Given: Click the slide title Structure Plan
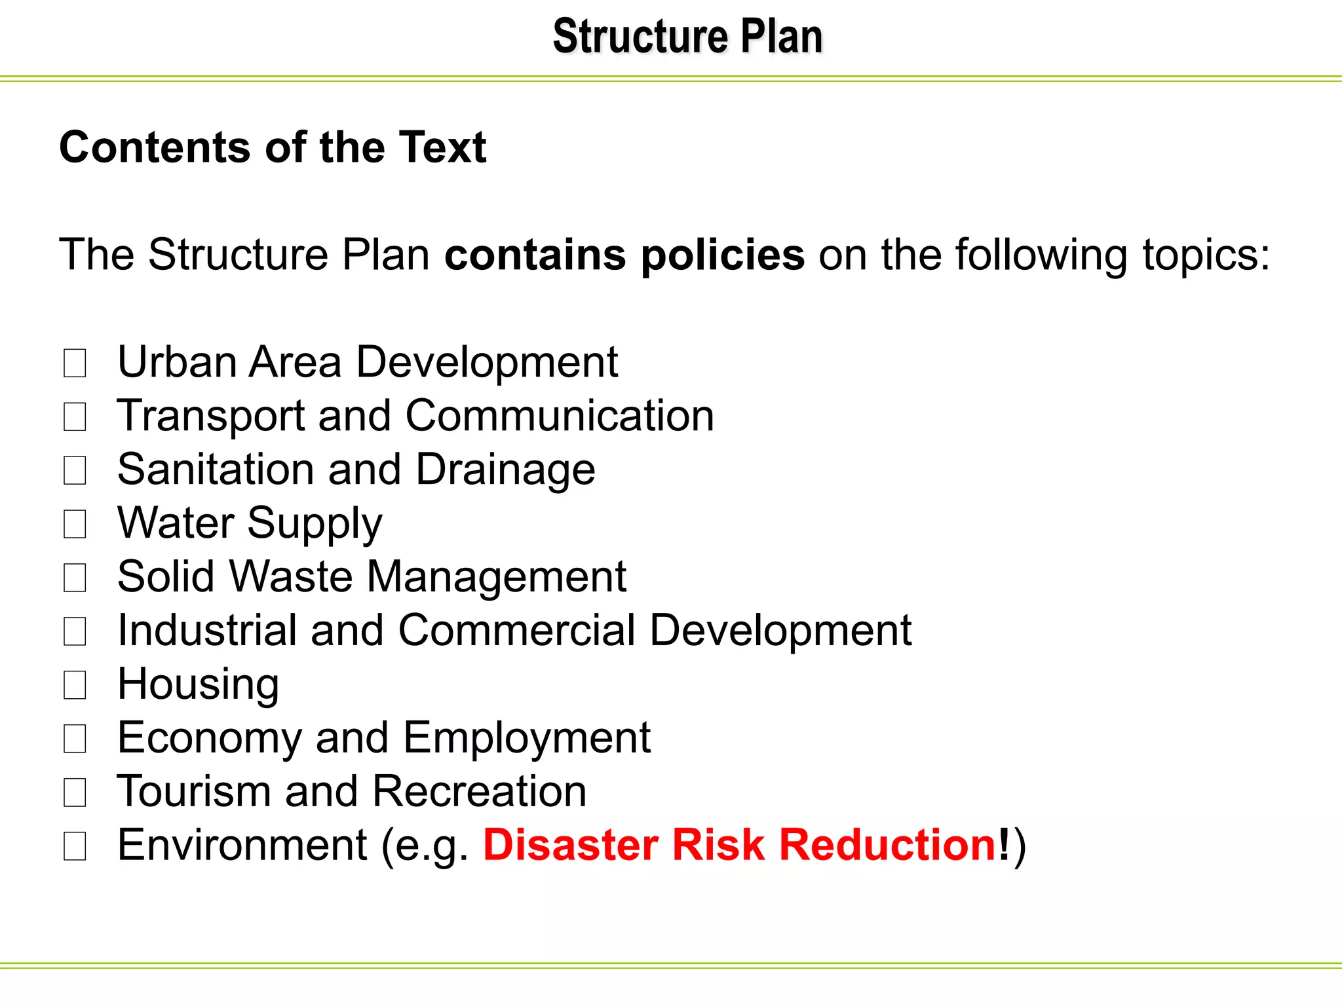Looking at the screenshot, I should pos(687,37).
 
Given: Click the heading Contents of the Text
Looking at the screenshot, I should pos(273,147).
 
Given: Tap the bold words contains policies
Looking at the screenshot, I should pos(624,255).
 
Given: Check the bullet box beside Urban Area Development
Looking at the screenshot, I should pos(75,363).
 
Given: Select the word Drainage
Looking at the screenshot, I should pos(505,470).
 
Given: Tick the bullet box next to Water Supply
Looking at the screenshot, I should pos(75,524).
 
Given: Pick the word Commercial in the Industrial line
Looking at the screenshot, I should pos(516,631).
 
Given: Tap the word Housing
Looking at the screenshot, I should pos(198,685).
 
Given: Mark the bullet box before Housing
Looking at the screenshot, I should pos(75,685).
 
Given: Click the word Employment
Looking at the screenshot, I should pos(526,738).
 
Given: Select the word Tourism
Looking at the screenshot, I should pos(193,791).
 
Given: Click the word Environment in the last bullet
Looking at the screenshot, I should pos(242,845).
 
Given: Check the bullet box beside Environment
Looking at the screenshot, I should pos(75,846).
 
